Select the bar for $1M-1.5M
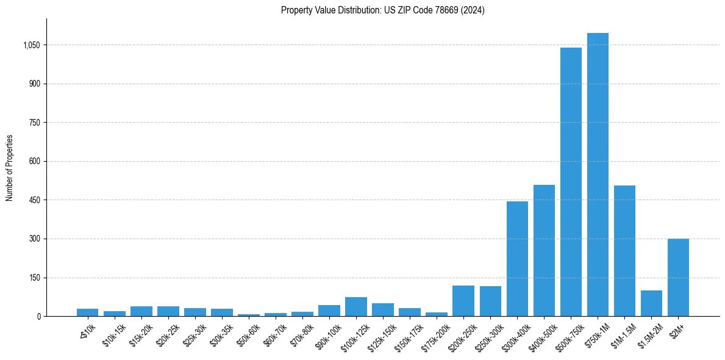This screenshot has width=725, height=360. [624, 251]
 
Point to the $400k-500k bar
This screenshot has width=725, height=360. [544, 250]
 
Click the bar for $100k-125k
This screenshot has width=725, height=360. [356, 307]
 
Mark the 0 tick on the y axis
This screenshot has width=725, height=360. [38, 317]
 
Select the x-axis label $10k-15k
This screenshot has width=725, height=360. [114, 335]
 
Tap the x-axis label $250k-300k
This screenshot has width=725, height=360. [488, 336]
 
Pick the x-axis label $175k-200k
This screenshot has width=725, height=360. [435, 336]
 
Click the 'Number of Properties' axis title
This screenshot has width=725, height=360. [10, 167]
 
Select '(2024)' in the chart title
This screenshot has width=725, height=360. [473, 10]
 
